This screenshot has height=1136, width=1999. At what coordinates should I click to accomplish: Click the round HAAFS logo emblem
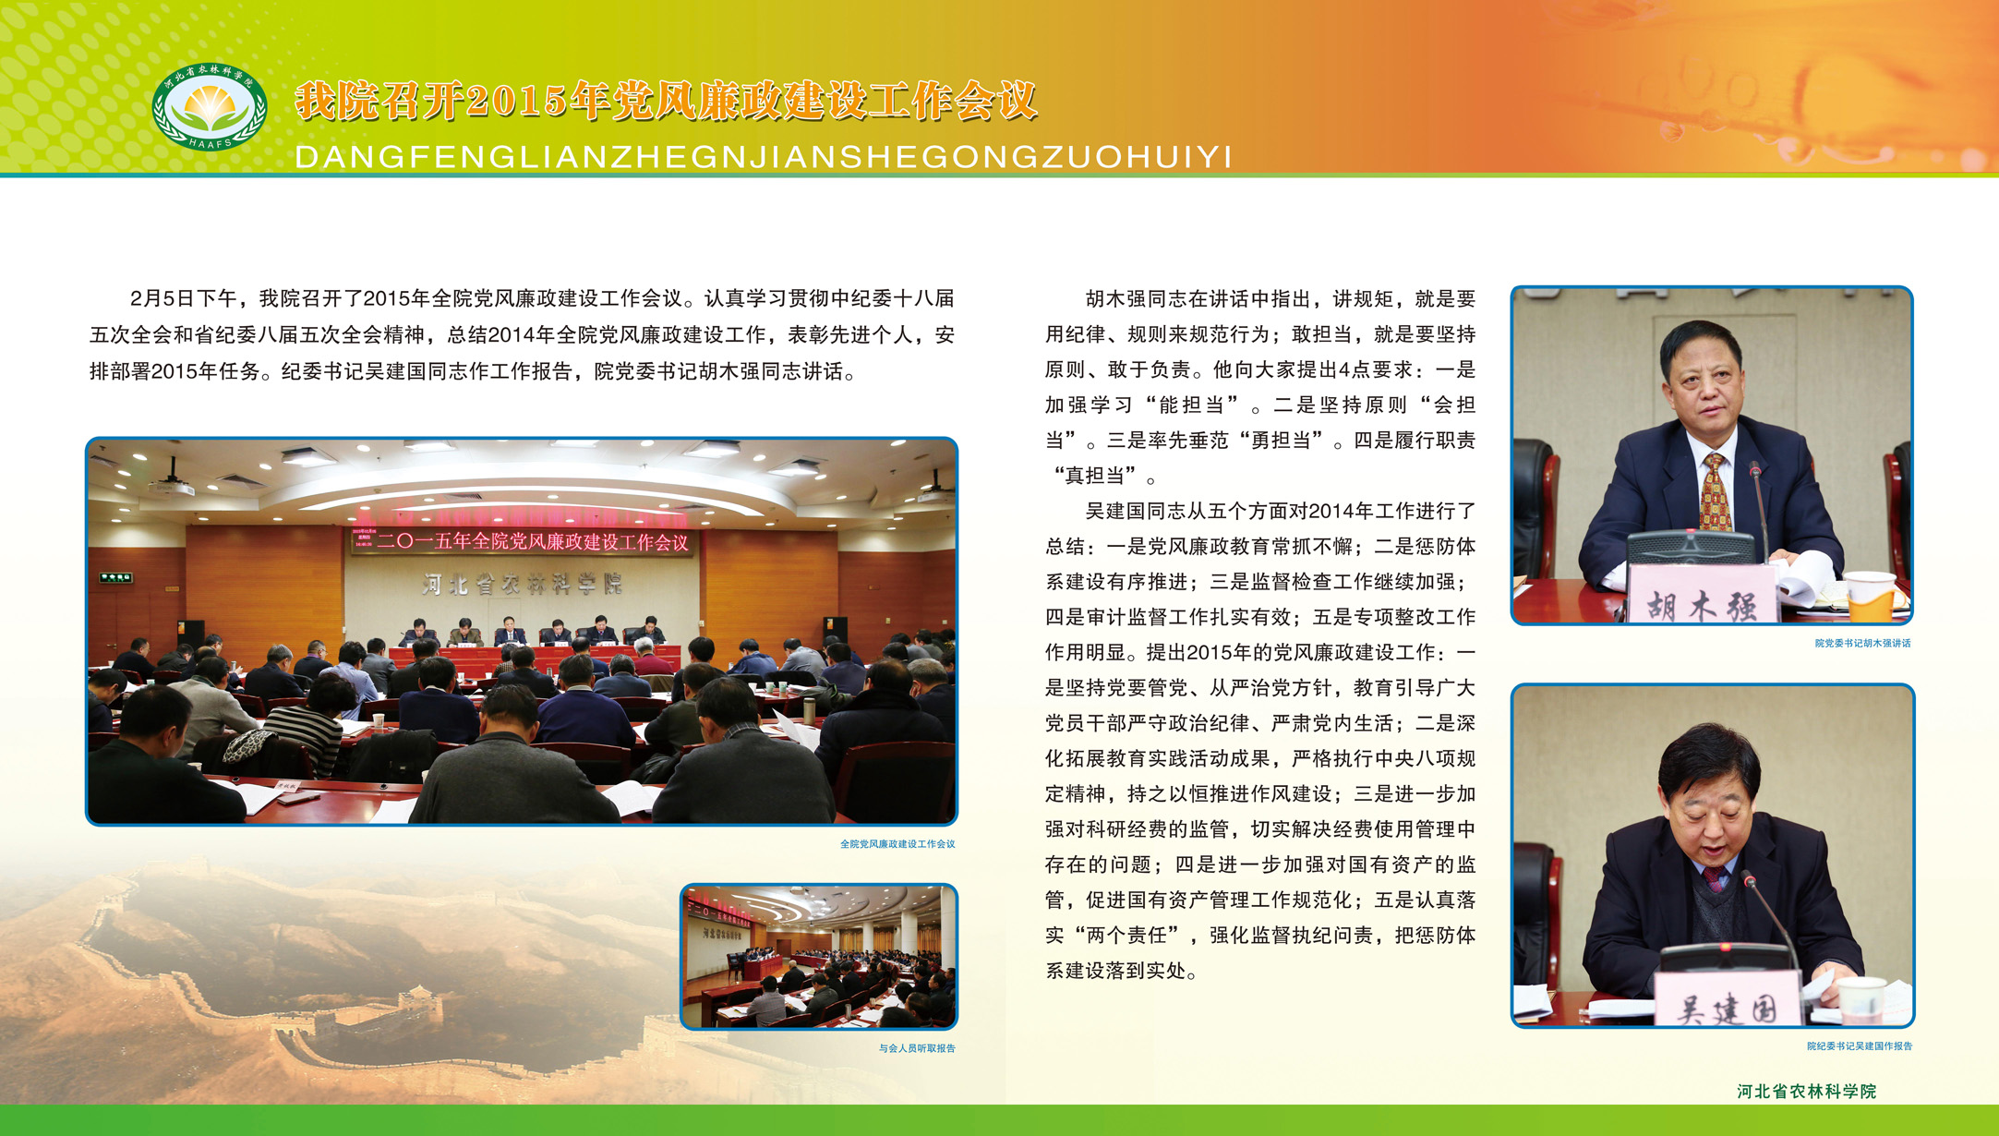(x=210, y=106)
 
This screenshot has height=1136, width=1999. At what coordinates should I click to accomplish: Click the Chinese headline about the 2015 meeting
(x=667, y=101)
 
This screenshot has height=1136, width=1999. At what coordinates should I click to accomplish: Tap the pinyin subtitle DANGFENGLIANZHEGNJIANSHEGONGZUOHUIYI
(x=764, y=157)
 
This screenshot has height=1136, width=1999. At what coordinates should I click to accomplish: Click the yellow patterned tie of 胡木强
(x=1716, y=494)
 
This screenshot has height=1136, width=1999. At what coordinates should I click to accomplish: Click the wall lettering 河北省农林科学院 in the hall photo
(x=523, y=584)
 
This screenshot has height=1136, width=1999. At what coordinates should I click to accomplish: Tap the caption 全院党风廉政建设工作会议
(x=897, y=844)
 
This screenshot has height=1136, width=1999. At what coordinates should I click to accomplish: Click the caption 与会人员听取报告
(x=917, y=1048)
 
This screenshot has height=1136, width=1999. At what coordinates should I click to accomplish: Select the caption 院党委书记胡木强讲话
(x=1862, y=643)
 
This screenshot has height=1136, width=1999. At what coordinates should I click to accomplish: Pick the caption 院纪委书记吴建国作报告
(x=1860, y=1046)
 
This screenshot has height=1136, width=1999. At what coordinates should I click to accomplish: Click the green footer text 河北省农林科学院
(x=1806, y=1092)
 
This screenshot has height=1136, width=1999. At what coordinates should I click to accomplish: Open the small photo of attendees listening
(x=819, y=956)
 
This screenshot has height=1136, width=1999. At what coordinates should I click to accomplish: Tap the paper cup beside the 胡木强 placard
(x=1870, y=596)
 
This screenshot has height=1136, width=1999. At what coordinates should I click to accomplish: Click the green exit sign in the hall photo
(x=116, y=578)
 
